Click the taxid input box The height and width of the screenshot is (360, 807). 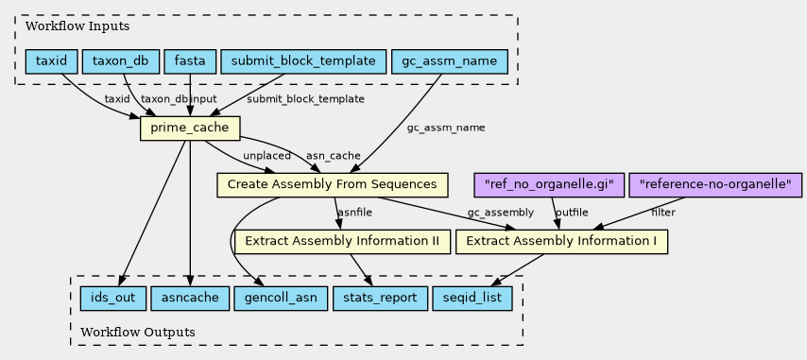(51, 61)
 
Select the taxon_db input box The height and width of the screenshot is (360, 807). (120, 61)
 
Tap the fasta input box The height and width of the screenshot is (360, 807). (190, 61)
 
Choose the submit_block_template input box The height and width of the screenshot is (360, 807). (303, 61)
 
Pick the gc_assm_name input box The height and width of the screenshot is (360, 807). (449, 61)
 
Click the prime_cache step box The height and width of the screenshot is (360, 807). (189, 129)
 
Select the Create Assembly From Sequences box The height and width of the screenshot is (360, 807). (332, 184)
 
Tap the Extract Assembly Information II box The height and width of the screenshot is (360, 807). (342, 241)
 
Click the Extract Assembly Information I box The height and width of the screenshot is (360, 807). (561, 241)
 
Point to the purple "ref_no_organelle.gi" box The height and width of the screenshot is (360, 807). (549, 184)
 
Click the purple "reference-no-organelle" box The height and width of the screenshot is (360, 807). (715, 184)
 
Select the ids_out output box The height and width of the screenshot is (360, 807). (113, 299)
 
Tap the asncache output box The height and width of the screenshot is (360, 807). (190, 299)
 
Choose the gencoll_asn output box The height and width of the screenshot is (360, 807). (281, 299)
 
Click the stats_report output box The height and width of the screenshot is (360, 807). (380, 299)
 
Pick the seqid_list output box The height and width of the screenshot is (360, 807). (472, 299)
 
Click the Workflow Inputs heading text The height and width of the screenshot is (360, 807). (77, 26)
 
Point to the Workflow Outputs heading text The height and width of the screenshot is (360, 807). (138, 333)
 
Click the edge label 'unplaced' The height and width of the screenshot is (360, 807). (266, 155)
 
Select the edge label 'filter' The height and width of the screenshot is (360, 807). (663, 212)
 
